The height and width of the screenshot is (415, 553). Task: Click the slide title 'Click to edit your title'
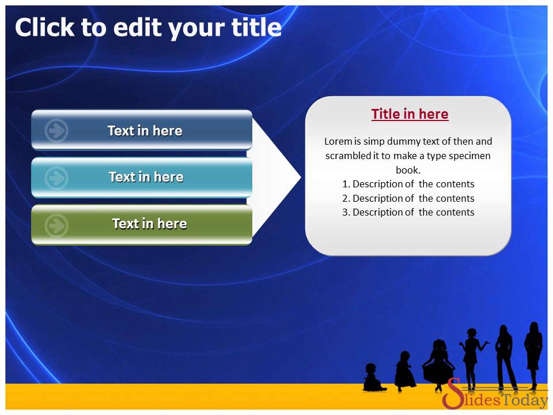click(148, 27)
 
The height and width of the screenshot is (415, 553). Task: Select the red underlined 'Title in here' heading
click(410, 114)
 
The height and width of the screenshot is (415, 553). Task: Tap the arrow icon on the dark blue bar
click(56, 131)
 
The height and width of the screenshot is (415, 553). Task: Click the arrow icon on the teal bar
click(56, 178)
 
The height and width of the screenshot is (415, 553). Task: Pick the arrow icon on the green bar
click(56, 225)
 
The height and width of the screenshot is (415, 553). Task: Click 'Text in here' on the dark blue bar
click(145, 131)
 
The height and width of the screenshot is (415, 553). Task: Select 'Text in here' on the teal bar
click(146, 177)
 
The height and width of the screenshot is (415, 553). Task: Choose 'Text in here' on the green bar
click(149, 224)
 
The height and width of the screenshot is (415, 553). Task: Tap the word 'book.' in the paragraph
click(408, 170)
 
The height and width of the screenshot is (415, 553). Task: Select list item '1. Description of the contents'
click(408, 184)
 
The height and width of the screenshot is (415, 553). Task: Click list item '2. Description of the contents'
click(408, 198)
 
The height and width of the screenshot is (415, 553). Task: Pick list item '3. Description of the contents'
click(408, 212)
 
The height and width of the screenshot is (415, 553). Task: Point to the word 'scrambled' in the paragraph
click(347, 156)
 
